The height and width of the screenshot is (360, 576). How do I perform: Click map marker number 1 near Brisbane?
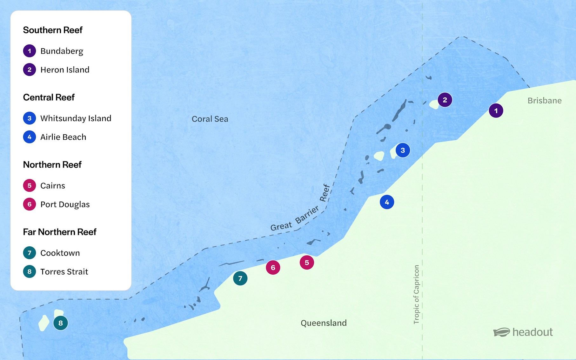pos(496,111)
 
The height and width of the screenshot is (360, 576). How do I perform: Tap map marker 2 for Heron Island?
pos(445,100)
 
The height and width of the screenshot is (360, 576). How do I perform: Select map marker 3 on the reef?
pos(403,150)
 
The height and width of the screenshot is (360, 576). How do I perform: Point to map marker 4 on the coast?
pos(387,202)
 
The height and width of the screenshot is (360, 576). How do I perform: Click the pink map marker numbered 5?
pos(307,263)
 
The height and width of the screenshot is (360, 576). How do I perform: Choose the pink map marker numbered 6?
pos(273,268)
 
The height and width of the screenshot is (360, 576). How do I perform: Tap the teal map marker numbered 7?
pos(240,278)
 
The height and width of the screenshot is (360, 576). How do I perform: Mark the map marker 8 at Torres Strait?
pos(60,323)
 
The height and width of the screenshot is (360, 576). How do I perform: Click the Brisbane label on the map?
pos(544,101)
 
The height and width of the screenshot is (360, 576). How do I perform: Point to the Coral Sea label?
pos(210,119)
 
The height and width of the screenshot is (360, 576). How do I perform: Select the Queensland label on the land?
pos(324,323)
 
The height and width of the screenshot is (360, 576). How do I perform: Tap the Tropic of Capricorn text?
pos(416,295)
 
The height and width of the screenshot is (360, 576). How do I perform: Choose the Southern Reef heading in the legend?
pos(53,30)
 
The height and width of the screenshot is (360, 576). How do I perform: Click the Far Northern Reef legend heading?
pos(60,232)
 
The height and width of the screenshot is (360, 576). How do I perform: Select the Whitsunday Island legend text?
pos(76,118)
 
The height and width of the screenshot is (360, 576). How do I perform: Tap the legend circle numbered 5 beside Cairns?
pos(30,186)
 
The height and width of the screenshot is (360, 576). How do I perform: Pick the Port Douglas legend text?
pos(65,204)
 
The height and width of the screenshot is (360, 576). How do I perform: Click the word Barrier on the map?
pos(307,215)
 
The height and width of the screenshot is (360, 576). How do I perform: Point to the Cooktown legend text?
pos(60,253)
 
